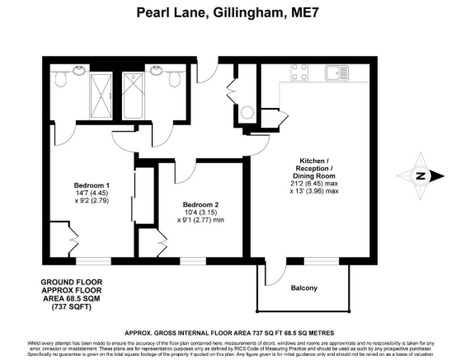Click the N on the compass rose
[x=420, y=175]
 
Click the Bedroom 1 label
[x=92, y=185]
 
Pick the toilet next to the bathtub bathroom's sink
[x=174, y=78]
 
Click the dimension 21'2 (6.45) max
[x=317, y=182]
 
